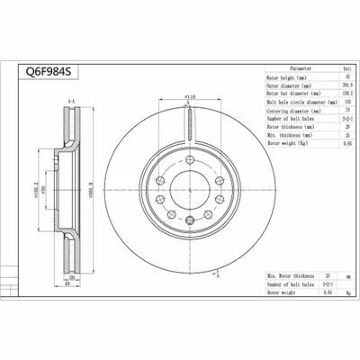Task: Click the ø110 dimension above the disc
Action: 190,95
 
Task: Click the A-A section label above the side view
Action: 71,103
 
